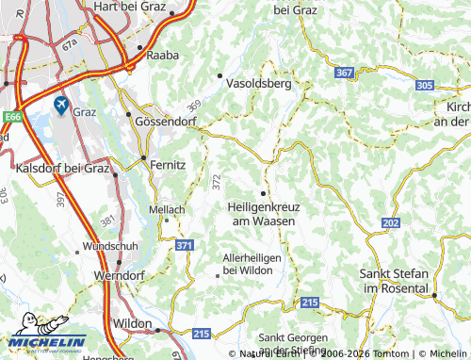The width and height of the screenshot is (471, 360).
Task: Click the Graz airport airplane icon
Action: click(62, 104)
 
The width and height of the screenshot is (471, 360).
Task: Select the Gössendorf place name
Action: click(167, 123)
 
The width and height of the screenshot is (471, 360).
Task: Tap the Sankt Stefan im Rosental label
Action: click(394, 279)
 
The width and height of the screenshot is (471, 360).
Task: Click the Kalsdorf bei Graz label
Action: click(62, 169)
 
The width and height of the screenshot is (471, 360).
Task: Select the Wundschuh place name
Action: click(109, 245)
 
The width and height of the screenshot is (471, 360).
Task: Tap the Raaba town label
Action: click(165, 56)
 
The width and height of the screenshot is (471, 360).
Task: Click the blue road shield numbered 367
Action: click(345, 73)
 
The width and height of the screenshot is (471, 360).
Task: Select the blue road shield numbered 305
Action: click(424, 85)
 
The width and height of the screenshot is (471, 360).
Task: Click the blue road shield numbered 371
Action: click(184, 245)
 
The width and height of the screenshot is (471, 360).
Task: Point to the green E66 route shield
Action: click(11, 116)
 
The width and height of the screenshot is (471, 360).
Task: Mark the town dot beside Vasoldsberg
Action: click(220, 75)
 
